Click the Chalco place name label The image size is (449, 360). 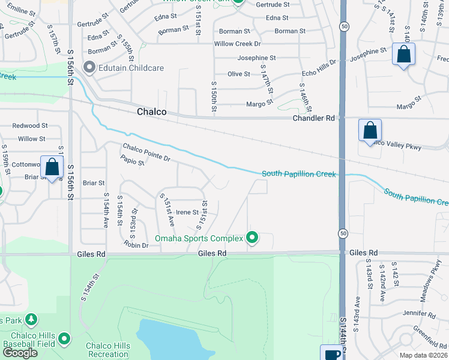(x=151, y=112)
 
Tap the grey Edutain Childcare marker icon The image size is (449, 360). (x=90, y=67)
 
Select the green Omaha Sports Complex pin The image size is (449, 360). (x=253, y=238)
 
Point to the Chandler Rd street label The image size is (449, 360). (x=313, y=119)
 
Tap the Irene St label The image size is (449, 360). (x=187, y=212)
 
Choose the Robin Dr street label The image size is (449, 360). (x=136, y=245)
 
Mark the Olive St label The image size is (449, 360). (x=238, y=74)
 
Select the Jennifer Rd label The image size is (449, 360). (x=419, y=314)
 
